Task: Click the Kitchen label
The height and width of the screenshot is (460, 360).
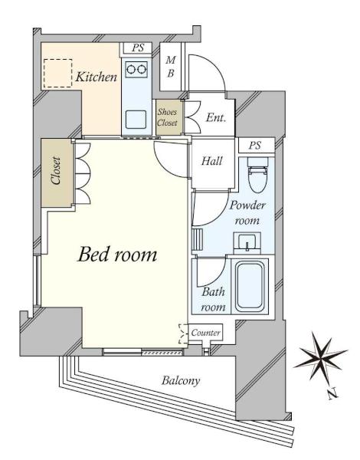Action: (x=97, y=77)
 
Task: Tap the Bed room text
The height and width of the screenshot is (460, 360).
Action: (x=117, y=254)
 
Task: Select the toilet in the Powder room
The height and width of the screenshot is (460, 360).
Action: (x=257, y=176)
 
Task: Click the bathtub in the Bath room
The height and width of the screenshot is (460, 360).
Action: (x=249, y=286)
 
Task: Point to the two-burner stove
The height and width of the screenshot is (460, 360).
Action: (x=136, y=69)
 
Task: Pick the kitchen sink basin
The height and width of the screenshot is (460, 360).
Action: (x=136, y=120)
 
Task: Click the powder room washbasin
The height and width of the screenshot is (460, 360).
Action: (x=247, y=242)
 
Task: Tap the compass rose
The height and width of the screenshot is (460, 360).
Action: (x=321, y=356)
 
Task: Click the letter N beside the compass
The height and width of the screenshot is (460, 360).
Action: (x=332, y=393)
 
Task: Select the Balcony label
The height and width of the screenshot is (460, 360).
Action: (x=181, y=380)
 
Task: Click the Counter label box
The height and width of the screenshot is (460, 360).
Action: (x=205, y=333)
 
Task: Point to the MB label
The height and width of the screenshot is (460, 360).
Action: (x=170, y=67)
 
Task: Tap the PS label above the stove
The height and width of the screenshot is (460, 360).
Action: (x=138, y=48)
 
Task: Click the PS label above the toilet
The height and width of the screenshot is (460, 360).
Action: (x=255, y=145)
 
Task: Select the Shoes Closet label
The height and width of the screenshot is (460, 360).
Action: (x=167, y=117)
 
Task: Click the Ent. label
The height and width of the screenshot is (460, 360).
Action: (x=216, y=117)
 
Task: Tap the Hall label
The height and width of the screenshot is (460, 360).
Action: (x=211, y=161)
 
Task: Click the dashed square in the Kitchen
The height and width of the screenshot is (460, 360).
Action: (x=57, y=73)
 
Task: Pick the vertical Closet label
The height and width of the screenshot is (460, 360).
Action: (x=56, y=170)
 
